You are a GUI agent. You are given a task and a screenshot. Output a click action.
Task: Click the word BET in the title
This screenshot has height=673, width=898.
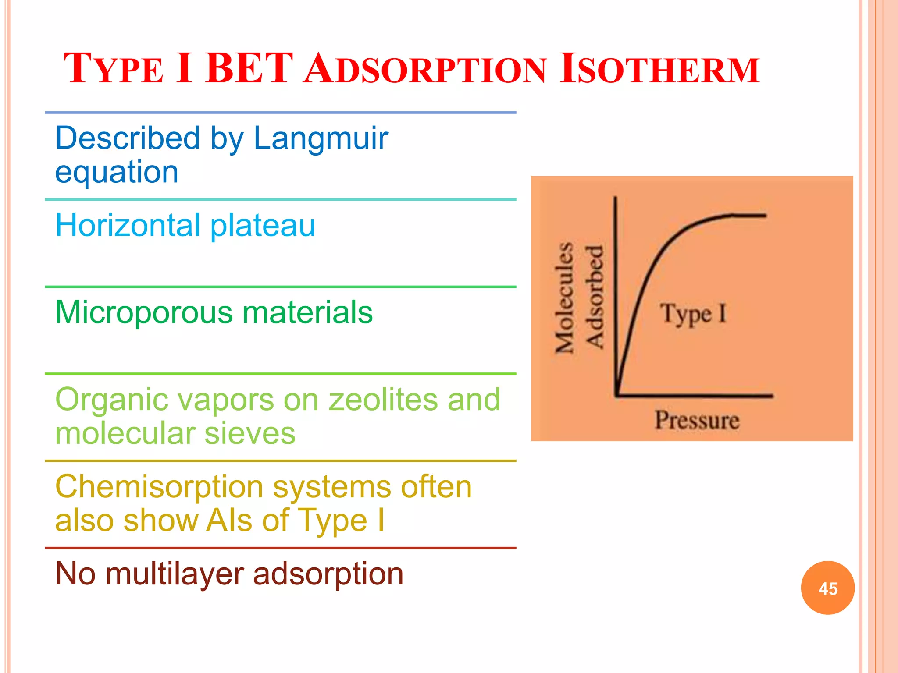pos(249,69)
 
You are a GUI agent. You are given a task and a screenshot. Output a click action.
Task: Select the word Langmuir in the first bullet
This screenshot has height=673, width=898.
pos(321,138)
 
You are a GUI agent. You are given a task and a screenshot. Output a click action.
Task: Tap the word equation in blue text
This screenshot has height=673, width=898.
pos(117,172)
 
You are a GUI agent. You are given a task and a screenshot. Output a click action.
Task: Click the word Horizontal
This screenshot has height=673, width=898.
pos(128,225)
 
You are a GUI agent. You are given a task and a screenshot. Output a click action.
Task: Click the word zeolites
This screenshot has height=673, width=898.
pos(383,400)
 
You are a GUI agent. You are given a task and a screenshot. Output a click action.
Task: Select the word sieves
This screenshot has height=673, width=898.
pos(249,433)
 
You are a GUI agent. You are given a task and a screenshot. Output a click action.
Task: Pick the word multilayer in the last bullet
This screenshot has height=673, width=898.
pos(175,574)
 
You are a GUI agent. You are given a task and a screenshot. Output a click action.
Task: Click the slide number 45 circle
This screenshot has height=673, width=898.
pos(827,588)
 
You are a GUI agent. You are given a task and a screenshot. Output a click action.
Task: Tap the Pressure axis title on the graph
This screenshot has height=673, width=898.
pos(697,420)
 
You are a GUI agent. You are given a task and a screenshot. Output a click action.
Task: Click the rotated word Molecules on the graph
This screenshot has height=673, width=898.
pos(565,298)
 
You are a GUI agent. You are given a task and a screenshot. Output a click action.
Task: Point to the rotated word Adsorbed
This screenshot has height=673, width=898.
pos(595,297)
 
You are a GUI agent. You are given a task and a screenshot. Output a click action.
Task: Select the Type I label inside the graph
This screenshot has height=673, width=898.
pos(693,314)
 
